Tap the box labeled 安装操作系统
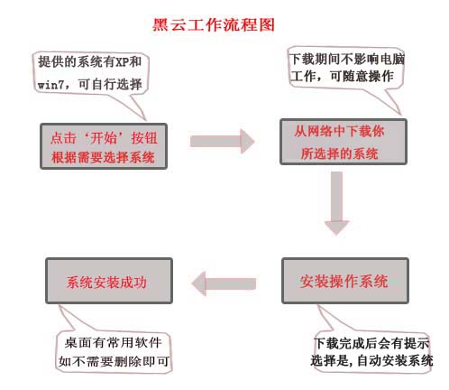(344, 281)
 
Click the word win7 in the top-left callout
(52, 85)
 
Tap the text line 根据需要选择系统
(105, 157)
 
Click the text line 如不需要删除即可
(115, 362)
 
